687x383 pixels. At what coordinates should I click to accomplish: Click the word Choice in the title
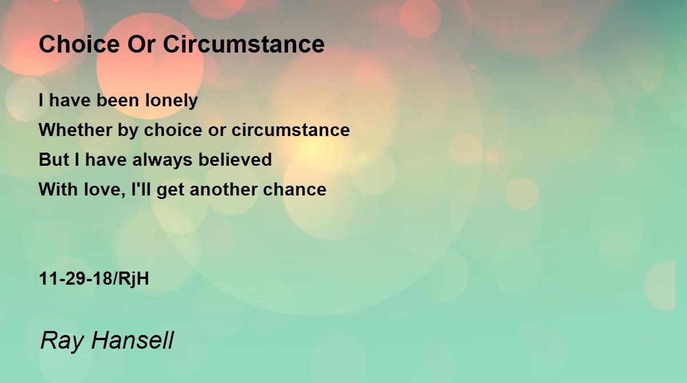pos(79,44)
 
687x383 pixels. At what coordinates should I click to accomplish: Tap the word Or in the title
pos(141,44)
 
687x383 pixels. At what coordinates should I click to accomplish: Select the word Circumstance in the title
pos(244,44)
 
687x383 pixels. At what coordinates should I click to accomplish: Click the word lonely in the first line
pos(171,101)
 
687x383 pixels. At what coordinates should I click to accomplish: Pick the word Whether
pos(76,130)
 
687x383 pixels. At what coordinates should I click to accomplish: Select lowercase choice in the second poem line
pos(173,130)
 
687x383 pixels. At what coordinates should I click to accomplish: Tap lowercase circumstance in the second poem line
pos(290,130)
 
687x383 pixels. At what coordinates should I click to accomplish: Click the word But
pos(54,159)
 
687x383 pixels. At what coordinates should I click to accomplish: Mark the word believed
pos(235,159)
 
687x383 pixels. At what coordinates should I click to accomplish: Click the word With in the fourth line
pos(58,189)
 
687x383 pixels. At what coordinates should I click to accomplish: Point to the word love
pos(104,189)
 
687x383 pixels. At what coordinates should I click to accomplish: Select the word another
pos(223,189)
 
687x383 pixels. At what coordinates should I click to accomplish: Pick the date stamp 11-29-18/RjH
pos(94,279)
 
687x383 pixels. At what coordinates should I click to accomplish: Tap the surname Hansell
pos(132,340)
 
